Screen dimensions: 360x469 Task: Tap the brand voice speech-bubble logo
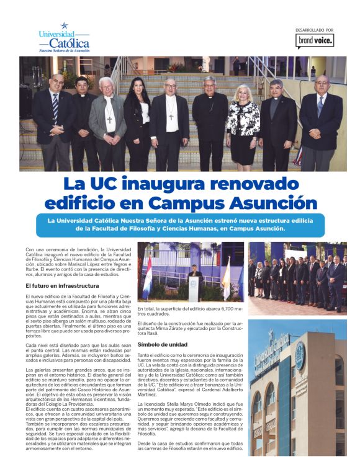pyautogui.click(x=315, y=41)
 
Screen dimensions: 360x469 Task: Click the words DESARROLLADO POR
pyautogui.click(x=315, y=30)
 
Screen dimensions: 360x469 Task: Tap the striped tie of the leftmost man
pyautogui.click(x=55, y=109)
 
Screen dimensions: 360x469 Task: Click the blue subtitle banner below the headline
pyautogui.click(x=180, y=224)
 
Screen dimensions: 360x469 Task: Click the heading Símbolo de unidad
pyautogui.click(x=162, y=344)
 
